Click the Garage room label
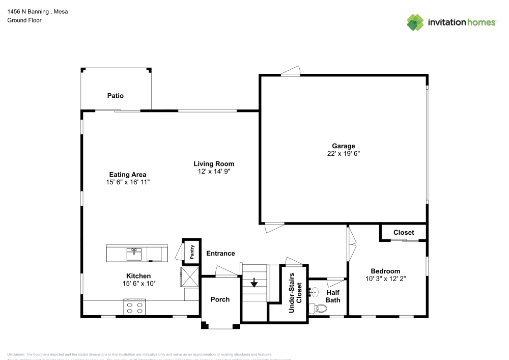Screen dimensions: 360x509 tap(344, 146)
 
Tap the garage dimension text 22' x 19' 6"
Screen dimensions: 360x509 tap(344, 153)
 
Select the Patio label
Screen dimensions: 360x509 tap(115, 96)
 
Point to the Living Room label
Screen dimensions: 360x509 tap(214, 164)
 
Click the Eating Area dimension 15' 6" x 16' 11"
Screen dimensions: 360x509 tap(128, 182)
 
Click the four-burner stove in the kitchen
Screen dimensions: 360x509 tap(134, 308)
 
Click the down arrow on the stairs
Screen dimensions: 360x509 tap(254, 283)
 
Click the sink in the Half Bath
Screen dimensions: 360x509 tap(315, 292)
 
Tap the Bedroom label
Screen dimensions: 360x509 tap(385, 271)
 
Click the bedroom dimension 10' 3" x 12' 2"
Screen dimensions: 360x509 tap(385, 279)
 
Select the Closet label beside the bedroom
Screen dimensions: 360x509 tap(404, 233)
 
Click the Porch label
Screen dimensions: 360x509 tap(220, 299)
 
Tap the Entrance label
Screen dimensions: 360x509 tap(220, 254)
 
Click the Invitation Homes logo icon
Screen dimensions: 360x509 tap(415, 22)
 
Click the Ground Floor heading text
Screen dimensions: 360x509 tap(24, 20)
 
